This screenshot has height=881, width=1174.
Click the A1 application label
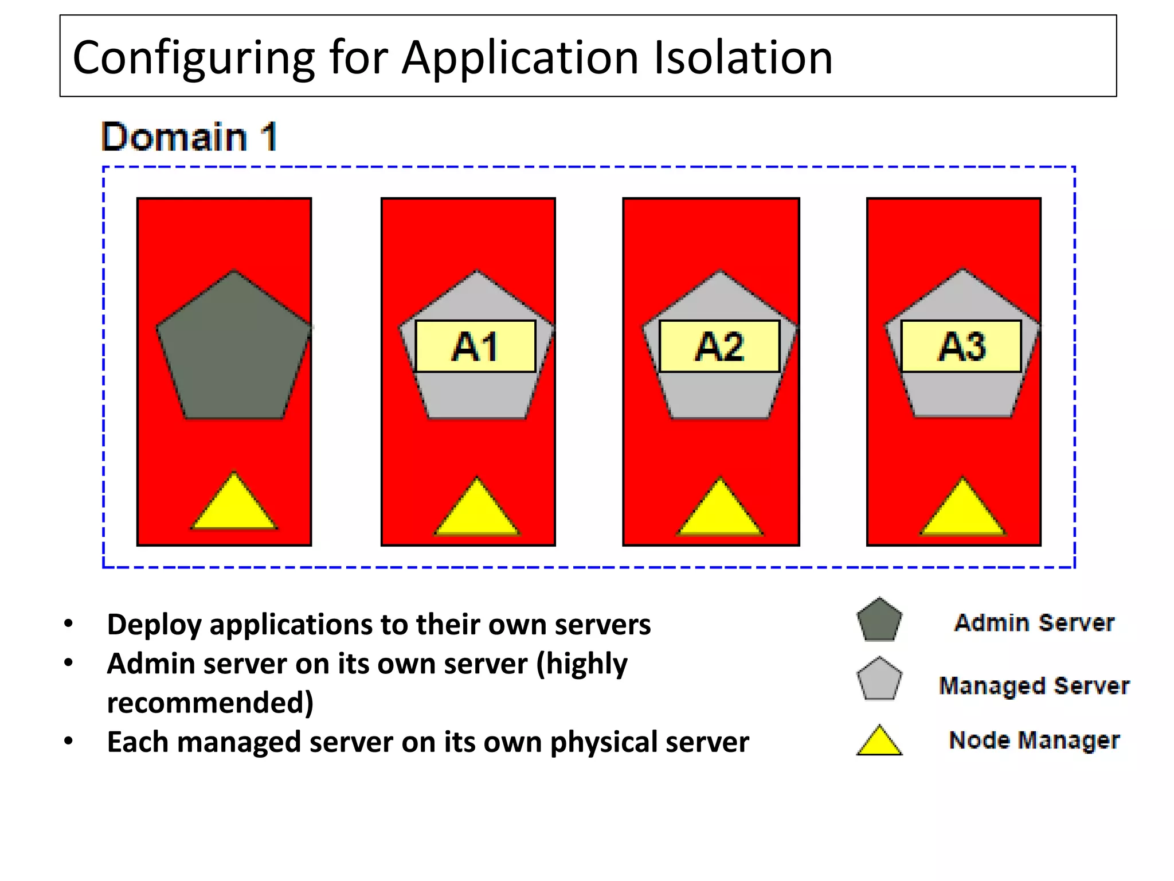coord(475,346)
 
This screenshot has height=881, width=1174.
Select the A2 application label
coord(719,346)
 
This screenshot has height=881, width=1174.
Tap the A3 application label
coord(961,346)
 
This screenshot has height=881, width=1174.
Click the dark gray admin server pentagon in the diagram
coord(234,350)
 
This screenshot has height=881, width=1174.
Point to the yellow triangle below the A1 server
coord(476,510)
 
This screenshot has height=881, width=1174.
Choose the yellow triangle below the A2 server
coord(720,510)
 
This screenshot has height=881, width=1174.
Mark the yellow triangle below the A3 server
coord(963,510)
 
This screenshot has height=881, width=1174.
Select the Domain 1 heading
coord(189,137)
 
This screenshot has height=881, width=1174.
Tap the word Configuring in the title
coord(194,59)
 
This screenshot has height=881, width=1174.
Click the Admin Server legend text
coord(1034,623)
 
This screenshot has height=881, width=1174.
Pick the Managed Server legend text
coord(1034,686)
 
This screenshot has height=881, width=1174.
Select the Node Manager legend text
coord(1034,740)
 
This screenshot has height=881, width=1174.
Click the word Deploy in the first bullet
coord(154,625)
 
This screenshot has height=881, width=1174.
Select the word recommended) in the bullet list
coord(210,703)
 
